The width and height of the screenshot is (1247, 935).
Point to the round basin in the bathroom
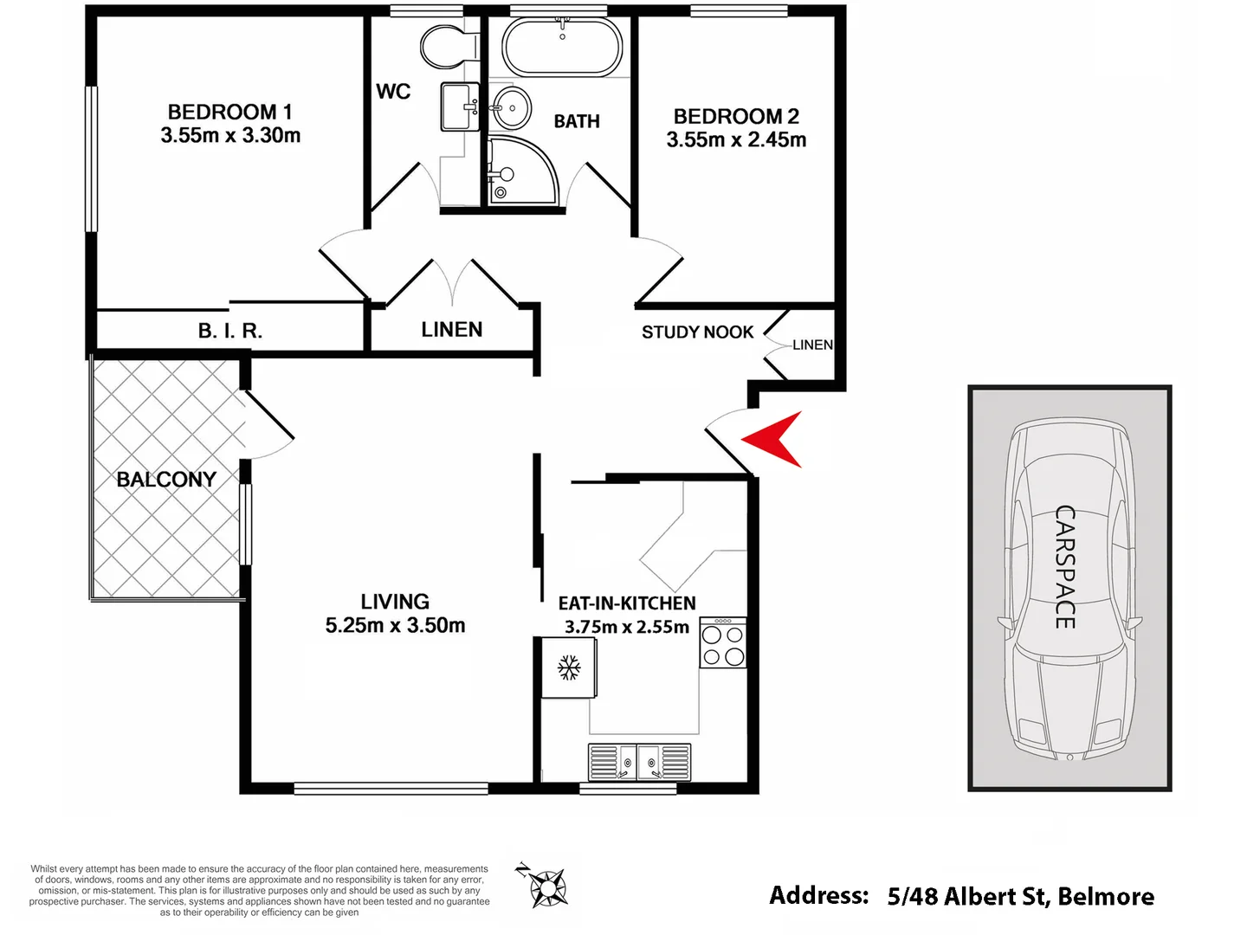click(x=512, y=109)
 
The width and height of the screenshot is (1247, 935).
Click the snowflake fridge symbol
click(x=569, y=667)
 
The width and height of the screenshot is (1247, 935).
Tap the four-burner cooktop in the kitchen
click(x=723, y=642)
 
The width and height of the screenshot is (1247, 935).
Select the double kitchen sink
click(x=640, y=763)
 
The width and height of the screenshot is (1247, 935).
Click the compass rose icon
click(x=546, y=887)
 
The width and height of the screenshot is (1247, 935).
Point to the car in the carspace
click(x=1070, y=589)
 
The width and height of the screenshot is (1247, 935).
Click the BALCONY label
click(x=166, y=479)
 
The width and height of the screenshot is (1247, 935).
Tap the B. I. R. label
click(x=229, y=331)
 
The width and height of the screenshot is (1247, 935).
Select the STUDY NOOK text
click(x=697, y=332)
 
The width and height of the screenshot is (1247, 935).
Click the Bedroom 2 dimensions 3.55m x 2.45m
click(x=736, y=140)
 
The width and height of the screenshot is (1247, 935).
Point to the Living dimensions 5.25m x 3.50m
click(x=395, y=626)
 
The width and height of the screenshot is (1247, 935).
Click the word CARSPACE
click(x=1065, y=567)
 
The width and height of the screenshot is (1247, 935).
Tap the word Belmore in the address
click(x=1106, y=896)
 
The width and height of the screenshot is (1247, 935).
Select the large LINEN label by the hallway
click(x=451, y=329)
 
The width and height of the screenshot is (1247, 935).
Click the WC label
click(x=393, y=92)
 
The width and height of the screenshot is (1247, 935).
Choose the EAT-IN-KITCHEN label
click(x=627, y=603)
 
